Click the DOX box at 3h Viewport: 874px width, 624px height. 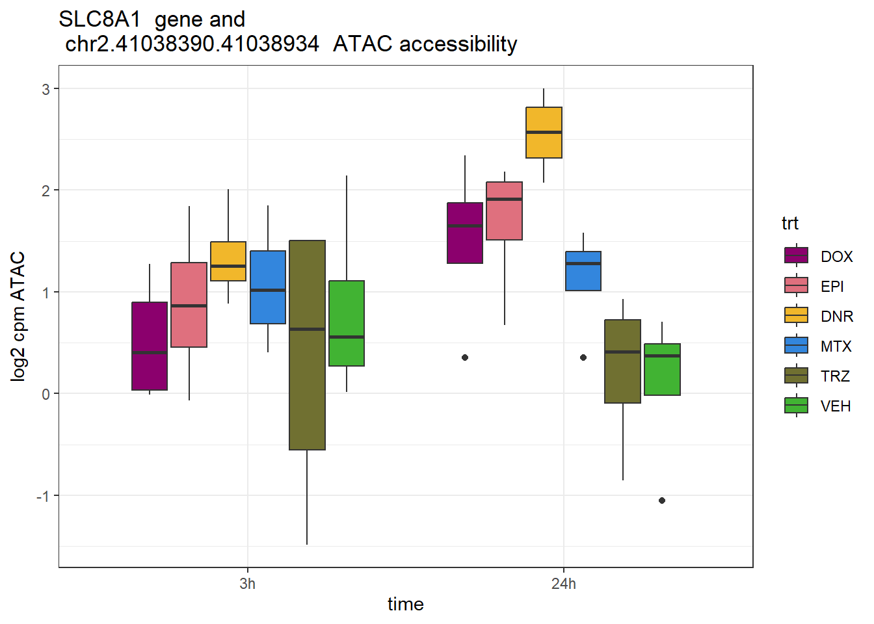point(150,346)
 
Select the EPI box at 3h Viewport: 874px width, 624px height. point(189,305)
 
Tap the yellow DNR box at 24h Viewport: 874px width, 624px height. point(544,133)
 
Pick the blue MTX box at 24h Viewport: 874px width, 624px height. point(583,271)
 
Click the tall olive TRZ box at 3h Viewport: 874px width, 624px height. point(307,345)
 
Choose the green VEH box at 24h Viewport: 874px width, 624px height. point(662,369)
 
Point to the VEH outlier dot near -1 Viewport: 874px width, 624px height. point(662,500)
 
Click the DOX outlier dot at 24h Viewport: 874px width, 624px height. point(465,357)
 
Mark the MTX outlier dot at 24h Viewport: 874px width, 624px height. point(583,357)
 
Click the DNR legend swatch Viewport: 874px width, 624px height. point(797,316)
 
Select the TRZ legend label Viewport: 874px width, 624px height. point(835,376)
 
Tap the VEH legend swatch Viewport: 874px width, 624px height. point(797,406)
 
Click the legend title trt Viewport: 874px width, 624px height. point(790,224)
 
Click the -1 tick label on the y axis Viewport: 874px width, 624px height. point(43,496)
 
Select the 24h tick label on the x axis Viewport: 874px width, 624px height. point(563,584)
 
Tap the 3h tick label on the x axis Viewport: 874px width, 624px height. point(247,584)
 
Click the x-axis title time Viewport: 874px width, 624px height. point(405,604)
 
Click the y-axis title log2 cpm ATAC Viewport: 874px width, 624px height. point(18,316)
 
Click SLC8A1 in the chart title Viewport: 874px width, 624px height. point(99,19)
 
